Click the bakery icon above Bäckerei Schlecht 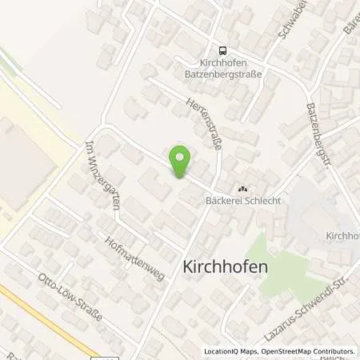(x=242, y=189)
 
